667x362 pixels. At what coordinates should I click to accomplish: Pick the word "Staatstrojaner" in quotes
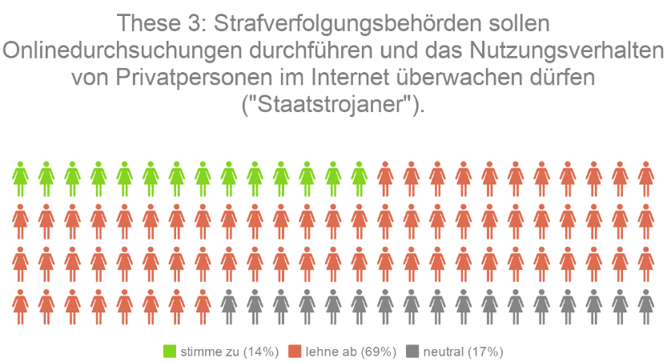click(x=333, y=106)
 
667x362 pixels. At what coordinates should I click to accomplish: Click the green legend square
click(x=169, y=351)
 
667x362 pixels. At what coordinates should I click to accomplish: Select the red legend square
click(x=294, y=351)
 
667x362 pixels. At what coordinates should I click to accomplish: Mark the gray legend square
click(x=412, y=351)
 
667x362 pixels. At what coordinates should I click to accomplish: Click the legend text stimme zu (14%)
click(x=229, y=351)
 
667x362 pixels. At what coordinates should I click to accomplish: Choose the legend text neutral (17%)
click(x=463, y=351)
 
